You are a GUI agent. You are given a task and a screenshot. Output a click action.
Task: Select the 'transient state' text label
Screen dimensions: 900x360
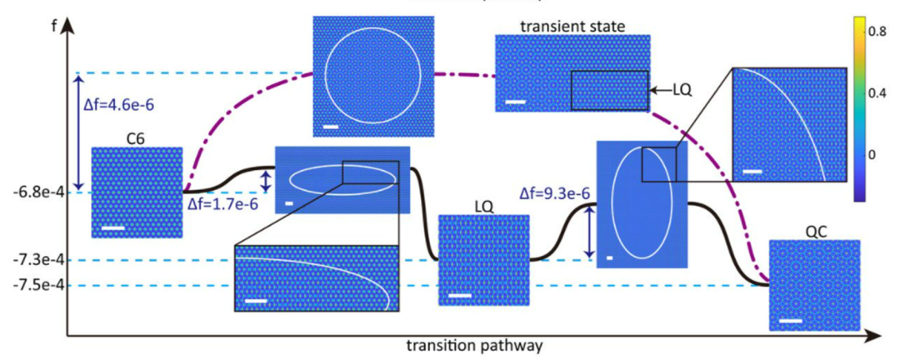(x=572, y=26)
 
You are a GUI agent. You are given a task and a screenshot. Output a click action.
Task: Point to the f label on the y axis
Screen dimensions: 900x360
(x=53, y=25)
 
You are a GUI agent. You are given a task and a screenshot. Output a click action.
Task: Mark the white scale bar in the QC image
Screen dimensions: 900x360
(x=791, y=321)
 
